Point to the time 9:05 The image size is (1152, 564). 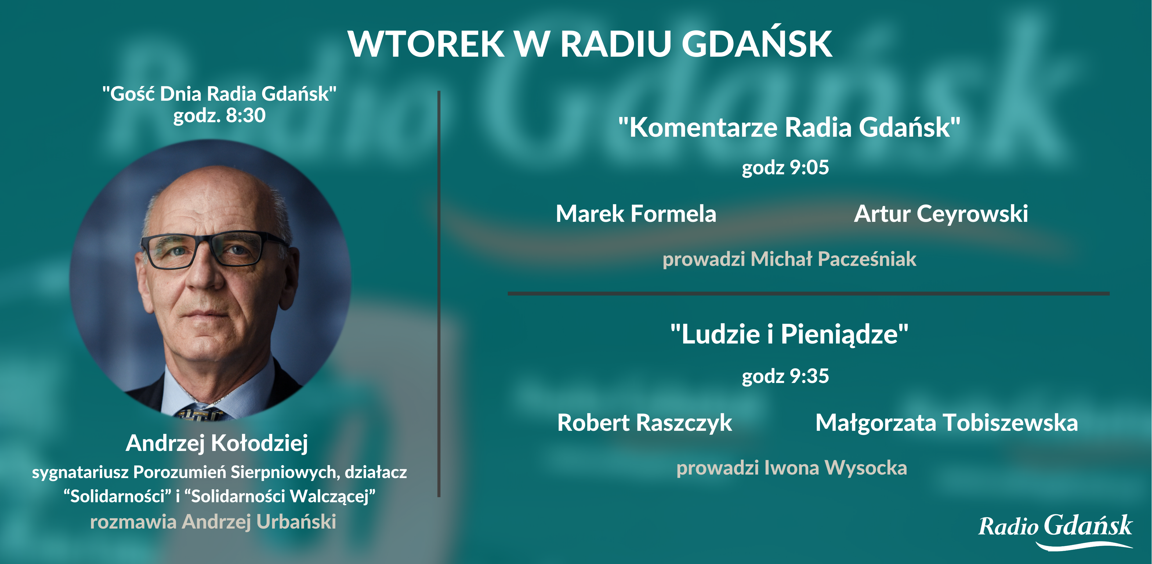[809, 167]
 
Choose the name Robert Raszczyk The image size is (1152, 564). [644, 423]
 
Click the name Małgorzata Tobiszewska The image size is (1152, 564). [946, 423]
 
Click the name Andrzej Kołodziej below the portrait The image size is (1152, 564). [217, 443]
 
